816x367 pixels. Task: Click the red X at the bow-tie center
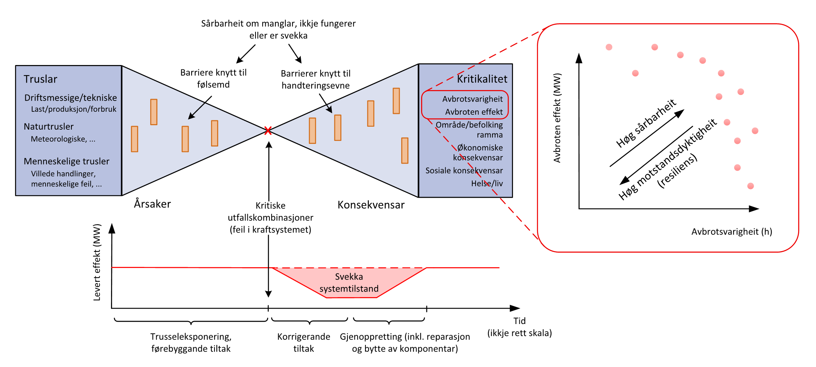(x=268, y=131)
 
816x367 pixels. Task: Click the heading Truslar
(x=40, y=79)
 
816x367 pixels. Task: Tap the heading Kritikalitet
(x=482, y=79)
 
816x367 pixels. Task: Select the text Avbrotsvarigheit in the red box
(x=472, y=99)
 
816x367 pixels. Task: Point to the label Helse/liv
(x=487, y=183)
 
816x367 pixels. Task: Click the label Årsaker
(x=152, y=204)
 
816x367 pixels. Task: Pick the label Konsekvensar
(x=371, y=205)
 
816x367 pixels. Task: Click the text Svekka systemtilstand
(x=349, y=283)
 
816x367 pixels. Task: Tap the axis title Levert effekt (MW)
(x=97, y=262)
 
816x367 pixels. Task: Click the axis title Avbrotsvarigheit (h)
(x=732, y=232)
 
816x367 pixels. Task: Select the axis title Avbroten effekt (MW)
(x=557, y=118)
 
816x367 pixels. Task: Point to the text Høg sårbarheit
(x=646, y=123)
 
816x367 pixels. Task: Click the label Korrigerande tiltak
(x=303, y=342)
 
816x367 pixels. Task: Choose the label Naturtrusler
(x=49, y=127)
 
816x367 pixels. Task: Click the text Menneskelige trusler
(x=67, y=161)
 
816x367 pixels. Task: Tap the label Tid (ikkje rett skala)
(x=519, y=327)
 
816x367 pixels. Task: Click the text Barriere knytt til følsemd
(x=213, y=78)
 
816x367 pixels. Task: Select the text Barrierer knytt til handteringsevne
(x=316, y=80)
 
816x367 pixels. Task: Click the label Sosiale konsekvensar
(x=464, y=171)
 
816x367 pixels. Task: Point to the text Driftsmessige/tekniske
(x=71, y=98)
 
